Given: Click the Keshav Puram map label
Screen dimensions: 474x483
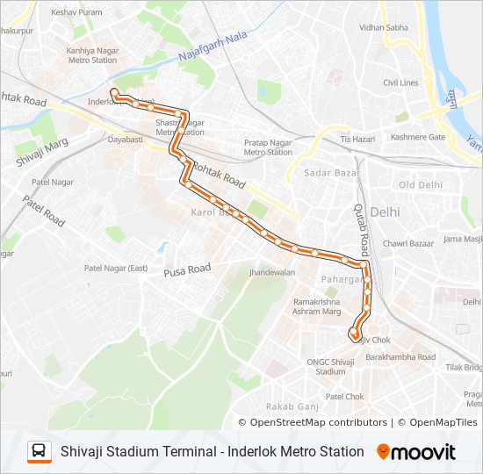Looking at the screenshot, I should (x=76, y=13).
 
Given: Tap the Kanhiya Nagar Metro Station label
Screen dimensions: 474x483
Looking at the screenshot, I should (x=93, y=55).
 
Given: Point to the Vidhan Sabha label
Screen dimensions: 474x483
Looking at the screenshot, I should (x=384, y=27).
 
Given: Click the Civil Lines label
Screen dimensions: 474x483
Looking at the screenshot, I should (x=400, y=83).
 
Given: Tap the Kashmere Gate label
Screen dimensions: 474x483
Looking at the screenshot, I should (x=419, y=138).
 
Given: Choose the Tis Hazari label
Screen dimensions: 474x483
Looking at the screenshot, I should (x=357, y=139).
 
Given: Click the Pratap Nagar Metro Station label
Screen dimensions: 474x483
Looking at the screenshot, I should (x=268, y=147).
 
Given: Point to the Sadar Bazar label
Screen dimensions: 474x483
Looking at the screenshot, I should (x=328, y=173).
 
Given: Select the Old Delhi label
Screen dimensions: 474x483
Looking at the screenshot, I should (x=420, y=185).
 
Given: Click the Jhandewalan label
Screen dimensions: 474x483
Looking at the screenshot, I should (x=271, y=273).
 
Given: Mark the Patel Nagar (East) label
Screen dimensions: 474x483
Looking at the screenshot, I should (x=116, y=268).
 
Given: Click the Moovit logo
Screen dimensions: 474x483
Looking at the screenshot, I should (x=416, y=451).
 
